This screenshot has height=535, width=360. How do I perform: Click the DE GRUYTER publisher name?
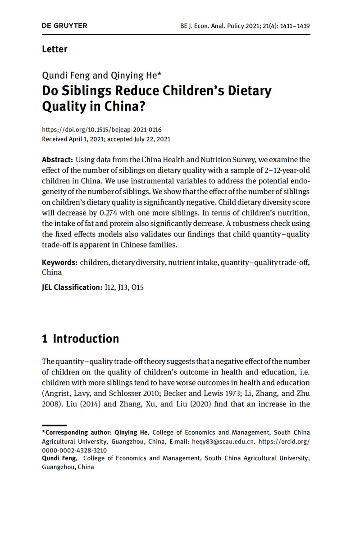64,26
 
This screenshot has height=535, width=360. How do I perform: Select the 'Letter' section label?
55,49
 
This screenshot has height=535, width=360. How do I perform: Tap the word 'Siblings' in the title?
86,91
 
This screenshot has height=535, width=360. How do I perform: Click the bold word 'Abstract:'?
57,160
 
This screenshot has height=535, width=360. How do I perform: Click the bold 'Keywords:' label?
60,262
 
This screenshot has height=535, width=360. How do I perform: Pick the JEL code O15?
137,287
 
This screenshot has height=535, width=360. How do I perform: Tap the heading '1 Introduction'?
81,339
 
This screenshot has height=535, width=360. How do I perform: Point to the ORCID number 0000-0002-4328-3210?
74,450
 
